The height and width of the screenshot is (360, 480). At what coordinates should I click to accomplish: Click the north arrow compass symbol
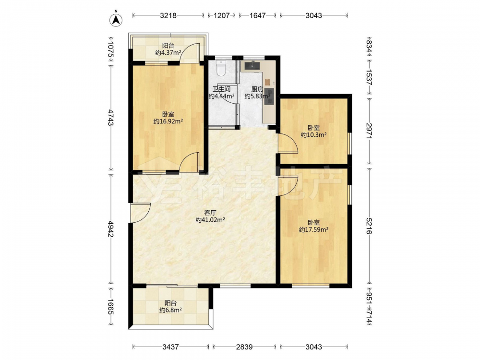(x=116, y=19)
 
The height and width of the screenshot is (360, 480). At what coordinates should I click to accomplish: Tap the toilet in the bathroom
(x=221, y=68)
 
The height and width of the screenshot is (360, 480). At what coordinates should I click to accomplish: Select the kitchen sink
(x=252, y=66)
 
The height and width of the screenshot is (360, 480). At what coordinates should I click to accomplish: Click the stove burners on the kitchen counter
(x=269, y=96)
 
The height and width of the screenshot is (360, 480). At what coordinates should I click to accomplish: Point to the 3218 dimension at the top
(x=168, y=15)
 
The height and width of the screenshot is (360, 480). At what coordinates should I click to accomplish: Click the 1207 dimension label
(x=221, y=15)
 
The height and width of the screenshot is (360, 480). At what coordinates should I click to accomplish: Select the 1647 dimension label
(x=257, y=15)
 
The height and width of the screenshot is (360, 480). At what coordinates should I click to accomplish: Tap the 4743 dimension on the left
(x=111, y=118)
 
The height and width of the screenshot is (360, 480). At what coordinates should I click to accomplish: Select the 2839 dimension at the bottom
(x=244, y=347)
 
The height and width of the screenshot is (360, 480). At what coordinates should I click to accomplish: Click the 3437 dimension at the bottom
(x=170, y=347)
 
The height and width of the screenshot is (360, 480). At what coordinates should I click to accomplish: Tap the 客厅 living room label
(x=210, y=213)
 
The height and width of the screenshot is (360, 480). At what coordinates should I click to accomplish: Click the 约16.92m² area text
(x=168, y=121)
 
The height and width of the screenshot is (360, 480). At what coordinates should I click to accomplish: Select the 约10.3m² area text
(x=313, y=135)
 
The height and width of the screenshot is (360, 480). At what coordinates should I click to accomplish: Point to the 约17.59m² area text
(x=313, y=229)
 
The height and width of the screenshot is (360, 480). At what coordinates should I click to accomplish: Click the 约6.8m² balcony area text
(x=170, y=310)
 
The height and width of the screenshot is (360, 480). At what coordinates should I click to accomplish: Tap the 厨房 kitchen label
(x=257, y=89)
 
